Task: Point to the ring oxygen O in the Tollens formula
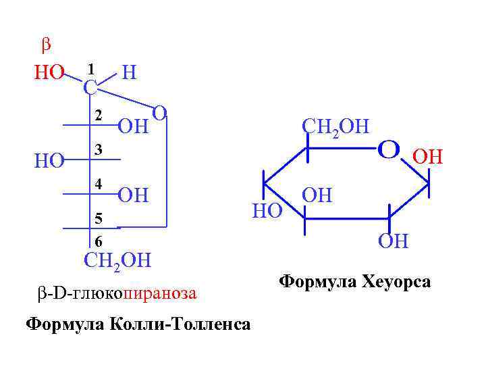coord(160,112)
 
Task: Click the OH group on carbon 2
coord(133,126)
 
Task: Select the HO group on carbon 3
coord(49,160)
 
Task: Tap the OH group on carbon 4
coord(133,196)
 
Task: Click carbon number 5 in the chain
coord(99,218)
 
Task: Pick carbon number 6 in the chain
coord(99,241)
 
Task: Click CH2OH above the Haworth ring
coord(335,126)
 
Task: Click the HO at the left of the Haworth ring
coord(267,211)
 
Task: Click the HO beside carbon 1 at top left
coord(49,72)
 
